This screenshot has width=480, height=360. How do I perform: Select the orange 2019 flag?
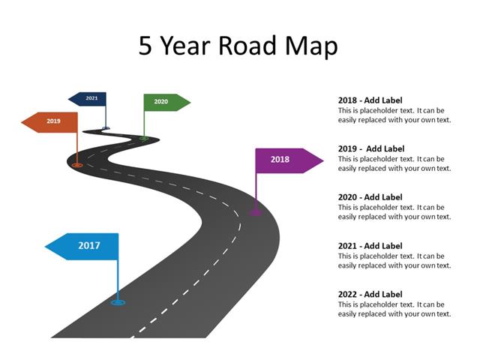click(51, 121)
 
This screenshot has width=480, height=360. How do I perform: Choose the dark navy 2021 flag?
click(89, 98)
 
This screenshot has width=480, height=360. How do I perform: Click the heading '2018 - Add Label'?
click(370, 100)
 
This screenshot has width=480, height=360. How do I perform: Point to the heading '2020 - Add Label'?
click(370, 197)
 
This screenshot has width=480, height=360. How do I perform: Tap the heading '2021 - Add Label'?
click(370, 246)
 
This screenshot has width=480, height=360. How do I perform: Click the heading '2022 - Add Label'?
click(370, 295)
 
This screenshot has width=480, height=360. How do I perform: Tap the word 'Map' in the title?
click(310, 46)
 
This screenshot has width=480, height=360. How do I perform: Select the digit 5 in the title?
click(145, 46)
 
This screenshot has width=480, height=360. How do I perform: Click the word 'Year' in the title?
click(184, 46)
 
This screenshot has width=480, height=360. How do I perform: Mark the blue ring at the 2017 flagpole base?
click(118, 302)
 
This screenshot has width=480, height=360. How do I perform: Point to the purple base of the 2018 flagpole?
click(256, 213)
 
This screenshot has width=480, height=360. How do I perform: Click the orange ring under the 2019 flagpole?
click(77, 165)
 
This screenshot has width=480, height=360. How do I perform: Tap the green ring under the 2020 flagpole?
click(144, 138)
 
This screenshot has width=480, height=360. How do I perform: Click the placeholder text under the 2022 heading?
click(394, 309)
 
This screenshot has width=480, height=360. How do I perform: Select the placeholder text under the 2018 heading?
click(394, 115)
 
